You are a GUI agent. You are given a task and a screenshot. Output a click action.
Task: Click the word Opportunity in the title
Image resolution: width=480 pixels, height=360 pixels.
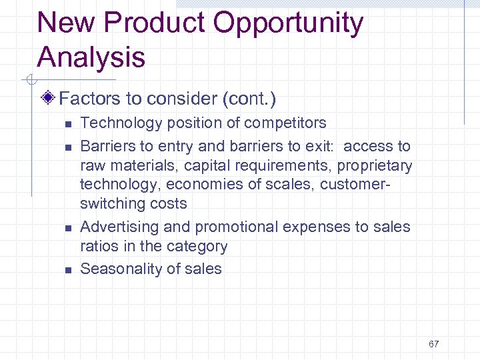pos(288,24)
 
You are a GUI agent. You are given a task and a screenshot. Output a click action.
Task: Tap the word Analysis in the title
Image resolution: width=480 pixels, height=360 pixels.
pos(91,57)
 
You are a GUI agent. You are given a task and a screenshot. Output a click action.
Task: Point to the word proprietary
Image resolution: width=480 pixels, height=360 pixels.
pos(375,165)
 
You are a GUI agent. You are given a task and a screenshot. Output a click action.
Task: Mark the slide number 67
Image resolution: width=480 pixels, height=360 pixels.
pos(434,344)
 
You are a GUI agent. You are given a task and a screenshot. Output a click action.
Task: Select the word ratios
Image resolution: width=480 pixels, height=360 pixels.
pos(98,246)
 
